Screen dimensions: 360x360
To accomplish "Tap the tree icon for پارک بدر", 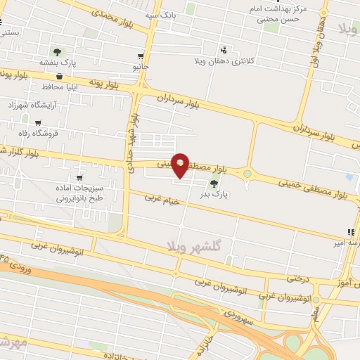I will (x=214, y=184).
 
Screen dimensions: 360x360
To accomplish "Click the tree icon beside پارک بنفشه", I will (x=56, y=51).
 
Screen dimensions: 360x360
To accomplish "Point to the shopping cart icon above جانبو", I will (x=141, y=56).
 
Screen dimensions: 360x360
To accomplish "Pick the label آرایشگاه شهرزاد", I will (x=35, y=105).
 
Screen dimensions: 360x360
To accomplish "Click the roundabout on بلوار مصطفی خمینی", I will (x=247, y=174).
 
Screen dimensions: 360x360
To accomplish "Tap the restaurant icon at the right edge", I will (x=349, y=232).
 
